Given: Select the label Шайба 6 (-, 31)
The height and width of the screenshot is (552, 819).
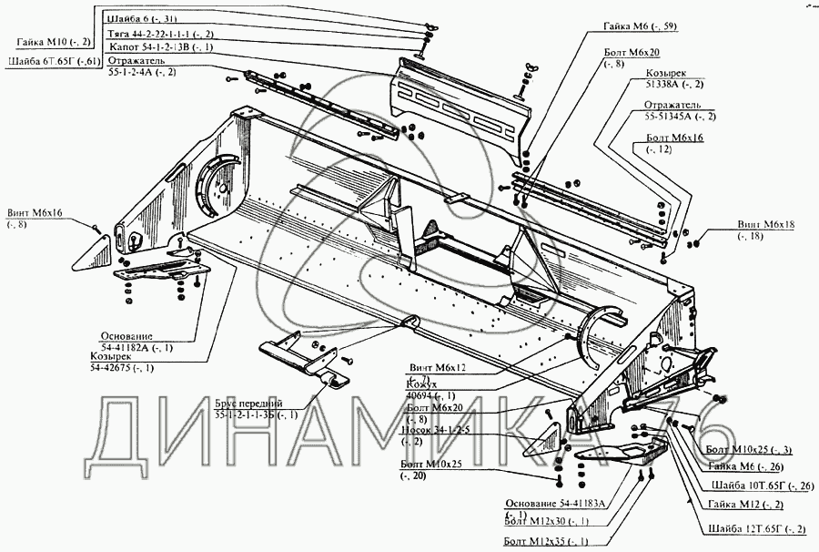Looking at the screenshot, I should pos(143,17).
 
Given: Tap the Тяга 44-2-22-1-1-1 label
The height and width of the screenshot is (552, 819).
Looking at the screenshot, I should pos(159,32).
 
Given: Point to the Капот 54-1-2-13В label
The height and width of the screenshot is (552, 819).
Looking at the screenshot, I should pos(160,46).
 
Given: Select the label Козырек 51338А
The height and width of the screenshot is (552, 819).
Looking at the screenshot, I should pos(666,77).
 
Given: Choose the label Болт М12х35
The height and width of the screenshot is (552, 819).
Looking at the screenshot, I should pos(547,543).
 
